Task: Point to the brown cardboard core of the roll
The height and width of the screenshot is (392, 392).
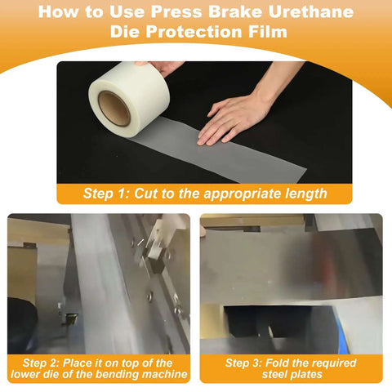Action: coord(114,109)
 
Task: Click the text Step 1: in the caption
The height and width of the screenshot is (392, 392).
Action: coord(109,194)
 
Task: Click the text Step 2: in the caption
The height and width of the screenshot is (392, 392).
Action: coord(42,363)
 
